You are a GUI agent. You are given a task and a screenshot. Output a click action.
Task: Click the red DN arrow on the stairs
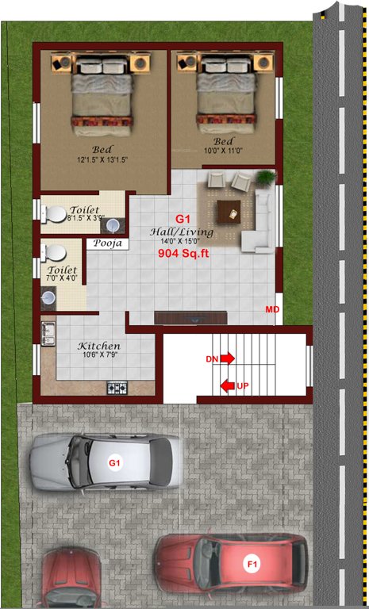coord(228,359)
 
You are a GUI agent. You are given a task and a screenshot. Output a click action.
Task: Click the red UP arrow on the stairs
coord(228,386)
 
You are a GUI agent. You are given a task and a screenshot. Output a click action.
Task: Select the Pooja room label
coord(108,244)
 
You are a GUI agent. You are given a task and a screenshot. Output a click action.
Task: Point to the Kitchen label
coord(98,347)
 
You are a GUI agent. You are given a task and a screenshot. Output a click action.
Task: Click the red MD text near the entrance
coord(272,308)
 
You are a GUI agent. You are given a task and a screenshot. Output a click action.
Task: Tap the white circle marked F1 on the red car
coord(252,565)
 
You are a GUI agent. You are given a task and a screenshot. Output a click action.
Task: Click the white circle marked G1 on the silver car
coord(114,462)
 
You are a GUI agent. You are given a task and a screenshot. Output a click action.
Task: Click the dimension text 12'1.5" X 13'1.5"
coord(102,159)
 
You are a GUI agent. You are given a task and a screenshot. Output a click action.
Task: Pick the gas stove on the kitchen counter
coord(117,388)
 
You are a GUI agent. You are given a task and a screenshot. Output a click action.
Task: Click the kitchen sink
coord(48,334)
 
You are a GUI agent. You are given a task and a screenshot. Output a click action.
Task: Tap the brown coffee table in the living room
coord(230,211)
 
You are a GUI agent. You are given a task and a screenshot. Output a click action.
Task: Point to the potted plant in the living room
coord(265,178)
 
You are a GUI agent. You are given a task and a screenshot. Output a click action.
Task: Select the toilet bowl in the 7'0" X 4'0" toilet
coord(55,253)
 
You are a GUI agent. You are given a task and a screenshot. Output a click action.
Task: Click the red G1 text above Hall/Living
coord(183,218)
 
